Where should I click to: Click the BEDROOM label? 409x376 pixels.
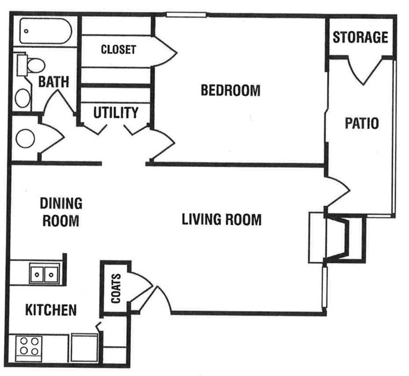[230, 90]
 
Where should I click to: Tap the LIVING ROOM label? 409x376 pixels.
[221, 219]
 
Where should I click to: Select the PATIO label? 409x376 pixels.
[361, 124]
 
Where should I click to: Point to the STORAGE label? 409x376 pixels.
[360, 37]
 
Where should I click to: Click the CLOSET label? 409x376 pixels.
[118, 49]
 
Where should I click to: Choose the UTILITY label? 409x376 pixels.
[116, 113]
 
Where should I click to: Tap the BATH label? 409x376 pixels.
[53, 82]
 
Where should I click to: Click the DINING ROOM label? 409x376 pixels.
[61, 212]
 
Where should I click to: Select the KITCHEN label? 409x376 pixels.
[50, 310]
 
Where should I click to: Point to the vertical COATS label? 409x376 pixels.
[115, 288]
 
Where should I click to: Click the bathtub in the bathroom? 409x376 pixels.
[46, 32]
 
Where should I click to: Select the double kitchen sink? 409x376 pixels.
[45, 273]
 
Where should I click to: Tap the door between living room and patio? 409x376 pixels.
[337, 191]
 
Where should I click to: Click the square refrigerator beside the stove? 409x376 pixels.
[84, 348]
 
